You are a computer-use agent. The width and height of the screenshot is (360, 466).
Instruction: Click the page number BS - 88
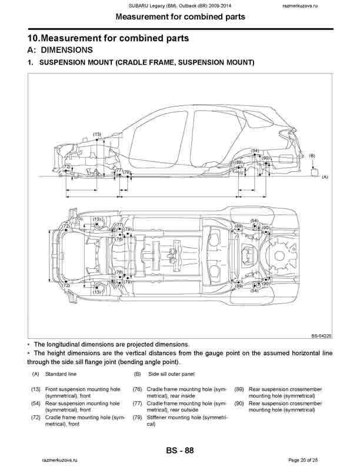point(180,450)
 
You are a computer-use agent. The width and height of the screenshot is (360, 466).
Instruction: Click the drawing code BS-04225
point(322,335)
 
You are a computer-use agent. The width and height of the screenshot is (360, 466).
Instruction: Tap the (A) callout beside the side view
point(324,176)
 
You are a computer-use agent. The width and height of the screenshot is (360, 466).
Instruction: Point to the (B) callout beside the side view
point(312,155)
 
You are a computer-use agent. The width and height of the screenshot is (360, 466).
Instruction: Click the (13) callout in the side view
point(96,135)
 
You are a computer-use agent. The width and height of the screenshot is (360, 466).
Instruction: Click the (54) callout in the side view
point(255,151)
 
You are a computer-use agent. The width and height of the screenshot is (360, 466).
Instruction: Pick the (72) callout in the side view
point(66,167)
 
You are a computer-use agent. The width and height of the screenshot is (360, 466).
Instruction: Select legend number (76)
point(137,389)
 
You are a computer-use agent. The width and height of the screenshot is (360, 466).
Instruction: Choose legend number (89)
point(239,389)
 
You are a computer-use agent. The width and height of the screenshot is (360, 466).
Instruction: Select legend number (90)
point(239,403)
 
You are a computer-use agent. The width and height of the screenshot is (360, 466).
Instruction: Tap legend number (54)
point(36,403)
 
